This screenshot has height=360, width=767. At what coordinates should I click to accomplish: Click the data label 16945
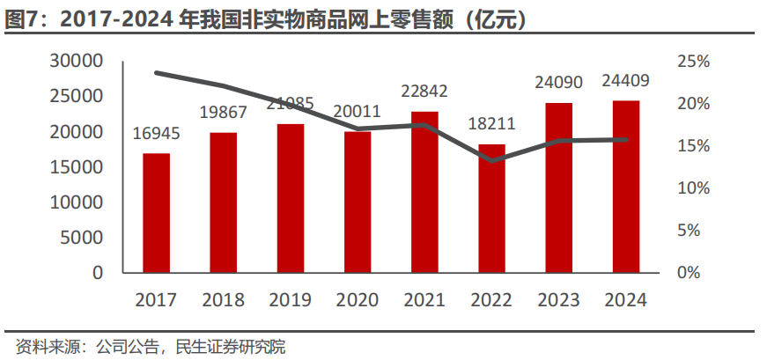coord(157,135)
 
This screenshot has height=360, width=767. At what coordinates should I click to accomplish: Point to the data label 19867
coord(223,113)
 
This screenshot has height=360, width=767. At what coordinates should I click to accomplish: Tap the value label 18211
coord(491,124)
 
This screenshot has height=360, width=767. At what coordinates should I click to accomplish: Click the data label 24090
coord(558,83)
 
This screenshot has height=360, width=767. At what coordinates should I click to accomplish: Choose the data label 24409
coord(626,82)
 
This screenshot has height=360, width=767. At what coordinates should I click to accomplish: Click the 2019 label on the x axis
coord(291,300)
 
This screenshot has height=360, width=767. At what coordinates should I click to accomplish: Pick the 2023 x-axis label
coord(558,300)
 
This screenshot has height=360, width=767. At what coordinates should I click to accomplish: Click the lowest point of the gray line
coord(492,160)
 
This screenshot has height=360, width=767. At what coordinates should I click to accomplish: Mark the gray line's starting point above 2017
coord(157,72)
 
